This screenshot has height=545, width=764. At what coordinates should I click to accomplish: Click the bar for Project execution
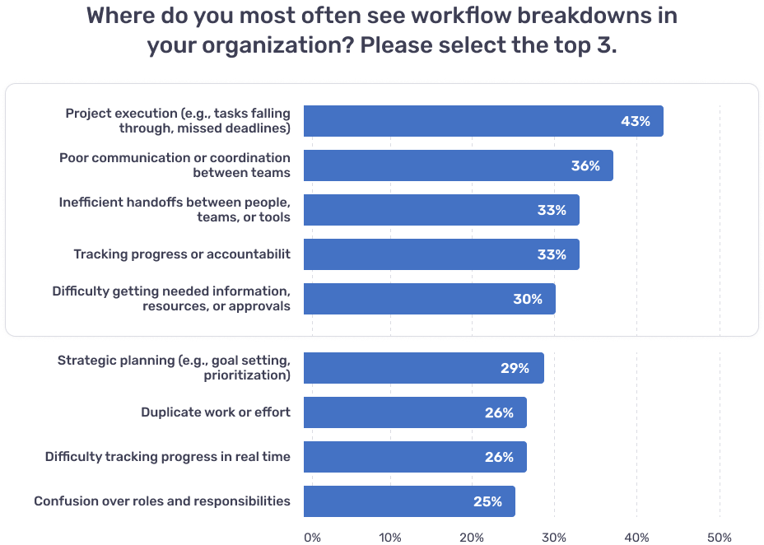(x=461, y=121)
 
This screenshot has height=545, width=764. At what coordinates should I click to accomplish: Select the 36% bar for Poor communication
(x=436, y=165)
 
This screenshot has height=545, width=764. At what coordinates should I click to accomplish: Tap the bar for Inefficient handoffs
(x=420, y=210)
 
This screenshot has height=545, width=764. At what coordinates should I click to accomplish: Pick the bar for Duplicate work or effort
(x=395, y=412)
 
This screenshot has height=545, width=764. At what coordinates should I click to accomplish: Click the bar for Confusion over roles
(x=387, y=501)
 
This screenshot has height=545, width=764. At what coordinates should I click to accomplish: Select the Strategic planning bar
(x=403, y=368)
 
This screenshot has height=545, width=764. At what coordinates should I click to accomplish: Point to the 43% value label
(x=635, y=121)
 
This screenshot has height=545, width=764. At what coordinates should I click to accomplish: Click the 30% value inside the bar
(x=528, y=299)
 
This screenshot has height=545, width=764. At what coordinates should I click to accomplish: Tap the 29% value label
(x=515, y=368)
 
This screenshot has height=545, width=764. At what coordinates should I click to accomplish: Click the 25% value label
(x=487, y=501)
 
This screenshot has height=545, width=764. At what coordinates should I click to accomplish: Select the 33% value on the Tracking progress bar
(x=552, y=254)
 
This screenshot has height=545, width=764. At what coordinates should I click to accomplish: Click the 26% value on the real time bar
(x=499, y=457)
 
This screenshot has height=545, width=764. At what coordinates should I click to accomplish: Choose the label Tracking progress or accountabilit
(x=182, y=254)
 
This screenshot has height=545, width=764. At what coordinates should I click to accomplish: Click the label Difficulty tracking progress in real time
(x=168, y=457)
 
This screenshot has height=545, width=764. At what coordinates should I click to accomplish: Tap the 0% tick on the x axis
(x=312, y=538)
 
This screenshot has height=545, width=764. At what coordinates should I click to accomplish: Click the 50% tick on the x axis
(x=720, y=538)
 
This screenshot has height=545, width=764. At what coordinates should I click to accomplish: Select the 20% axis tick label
(x=472, y=538)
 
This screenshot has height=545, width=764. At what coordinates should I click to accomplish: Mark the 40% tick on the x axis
(x=637, y=538)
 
